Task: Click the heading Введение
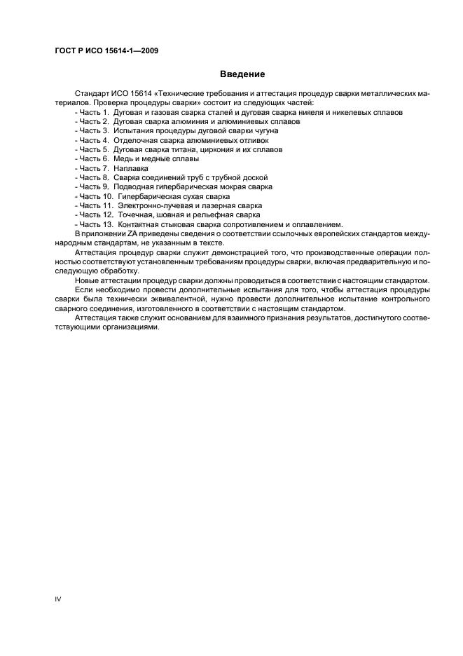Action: [x=242, y=74]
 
